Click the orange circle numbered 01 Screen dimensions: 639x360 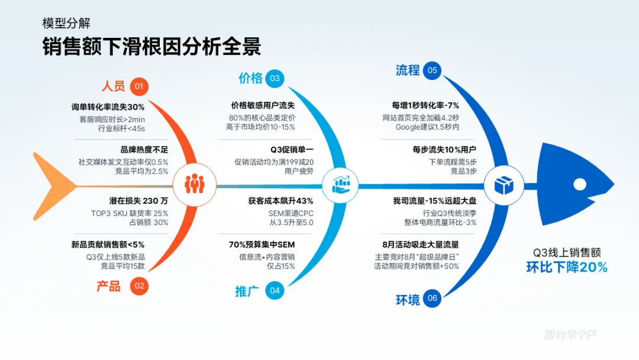point(139,87)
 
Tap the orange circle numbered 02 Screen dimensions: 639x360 point(139,287)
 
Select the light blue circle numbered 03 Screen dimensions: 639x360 point(275,78)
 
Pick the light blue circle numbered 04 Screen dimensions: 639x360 point(275,291)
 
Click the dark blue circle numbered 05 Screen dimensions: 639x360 point(433,70)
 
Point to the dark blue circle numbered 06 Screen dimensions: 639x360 point(433,298)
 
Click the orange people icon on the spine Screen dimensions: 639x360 point(194,185)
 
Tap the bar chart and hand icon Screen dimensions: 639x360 point(340,185)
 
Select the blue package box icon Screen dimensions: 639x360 point(502,185)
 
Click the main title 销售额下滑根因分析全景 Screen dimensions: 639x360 point(151,47)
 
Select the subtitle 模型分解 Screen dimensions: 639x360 point(66,24)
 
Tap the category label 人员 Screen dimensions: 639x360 point(113,86)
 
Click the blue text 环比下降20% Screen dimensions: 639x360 point(567,267)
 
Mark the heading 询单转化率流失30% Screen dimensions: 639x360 point(108,107)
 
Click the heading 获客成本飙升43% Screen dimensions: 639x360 point(280,201)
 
